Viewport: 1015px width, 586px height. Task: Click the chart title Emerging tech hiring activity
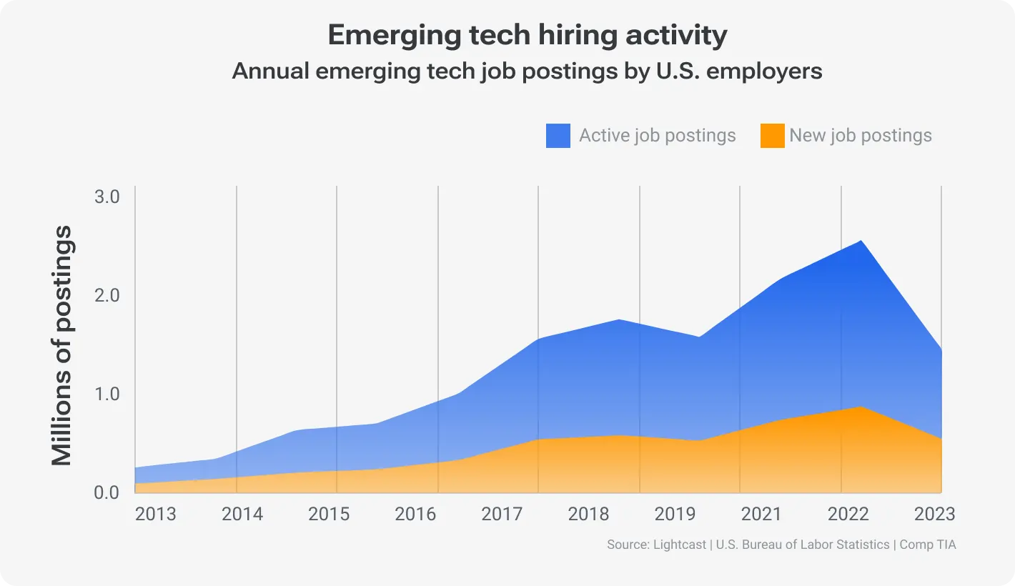click(527, 36)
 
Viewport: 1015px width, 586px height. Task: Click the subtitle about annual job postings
click(527, 71)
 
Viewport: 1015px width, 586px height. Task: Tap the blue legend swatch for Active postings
click(558, 136)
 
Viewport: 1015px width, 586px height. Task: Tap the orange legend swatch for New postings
click(772, 136)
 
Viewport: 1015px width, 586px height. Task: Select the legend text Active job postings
click(657, 136)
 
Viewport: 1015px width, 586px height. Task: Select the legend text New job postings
click(861, 136)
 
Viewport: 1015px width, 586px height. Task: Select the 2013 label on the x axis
click(155, 515)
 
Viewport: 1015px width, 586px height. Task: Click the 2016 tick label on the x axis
click(415, 515)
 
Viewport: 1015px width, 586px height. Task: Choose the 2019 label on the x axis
click(675, 515)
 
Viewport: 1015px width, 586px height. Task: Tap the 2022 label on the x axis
click(848, 515)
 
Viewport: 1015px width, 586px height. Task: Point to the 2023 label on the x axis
click(934, 515)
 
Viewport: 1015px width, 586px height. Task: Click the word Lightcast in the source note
click(679, 545)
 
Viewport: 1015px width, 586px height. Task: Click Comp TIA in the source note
click(927, 545)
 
